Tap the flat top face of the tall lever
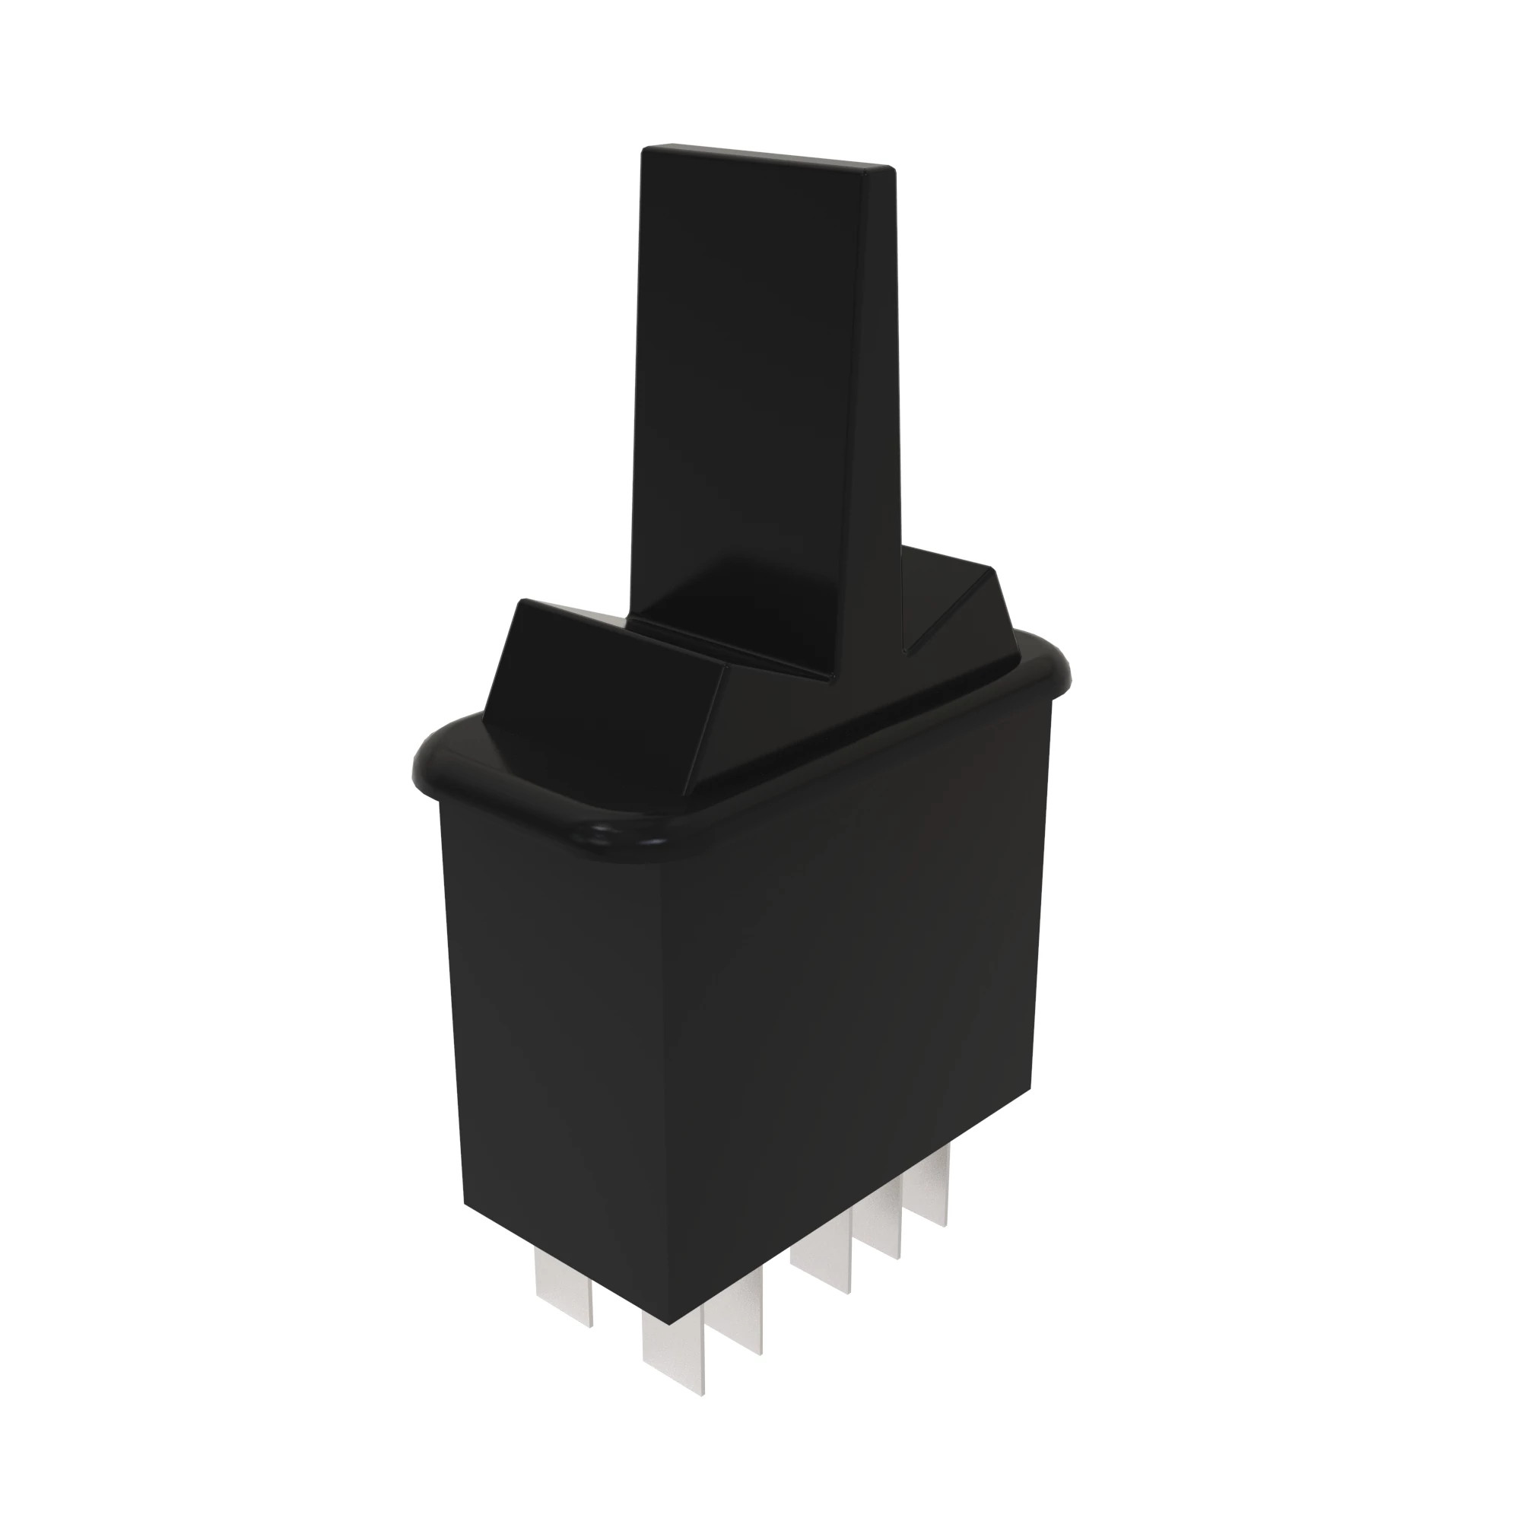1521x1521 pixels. point(767,156)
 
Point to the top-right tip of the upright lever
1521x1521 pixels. point(891,167)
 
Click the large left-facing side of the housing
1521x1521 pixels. point(551,1024)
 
